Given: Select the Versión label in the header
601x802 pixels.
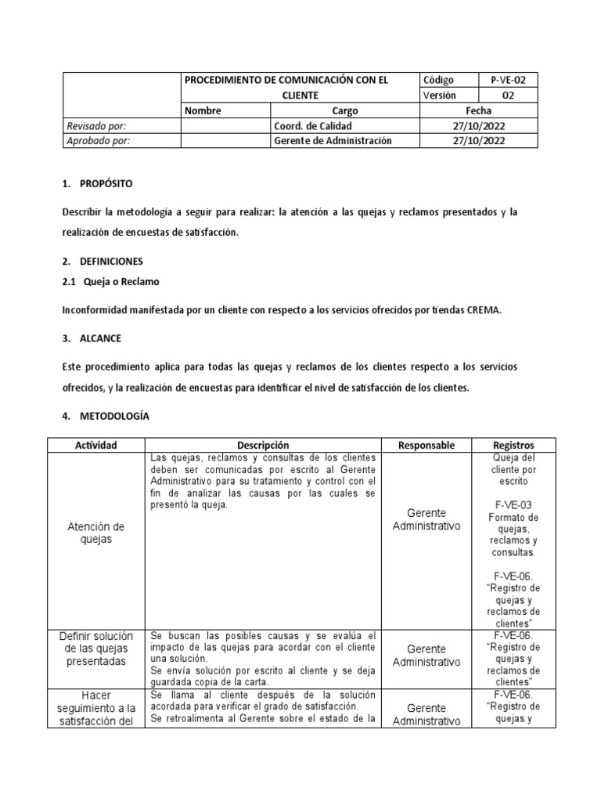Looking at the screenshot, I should tap(440, 96).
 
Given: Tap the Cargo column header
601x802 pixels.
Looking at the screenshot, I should tap(345, 111).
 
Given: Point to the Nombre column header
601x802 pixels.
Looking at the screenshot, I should tap(203, 111).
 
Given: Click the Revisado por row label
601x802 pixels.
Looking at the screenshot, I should tap(96, 126).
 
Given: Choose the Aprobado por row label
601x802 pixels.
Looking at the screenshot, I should tap(98, 141).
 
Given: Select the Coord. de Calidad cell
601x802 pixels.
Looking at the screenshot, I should tap(313, 126).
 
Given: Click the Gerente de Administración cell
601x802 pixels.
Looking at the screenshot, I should tap(332, 141).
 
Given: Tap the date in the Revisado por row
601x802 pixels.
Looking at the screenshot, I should tap(478, 126).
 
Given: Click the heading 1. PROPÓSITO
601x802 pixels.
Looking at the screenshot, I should tap(98, 184).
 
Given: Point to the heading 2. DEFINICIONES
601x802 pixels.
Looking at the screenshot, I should tap(102, 261).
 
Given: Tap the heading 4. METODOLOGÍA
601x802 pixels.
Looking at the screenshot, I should tap(105, 417).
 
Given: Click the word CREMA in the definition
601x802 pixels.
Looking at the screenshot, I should tap(483, 310).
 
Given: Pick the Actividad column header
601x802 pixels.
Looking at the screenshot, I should tap(96, 445).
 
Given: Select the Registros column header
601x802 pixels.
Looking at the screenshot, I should tap(513, 445).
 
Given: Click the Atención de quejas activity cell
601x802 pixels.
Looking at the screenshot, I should tap(96, 533).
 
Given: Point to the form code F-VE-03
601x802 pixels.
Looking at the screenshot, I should tap(513, 505).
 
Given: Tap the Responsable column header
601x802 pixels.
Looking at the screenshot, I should tap(426, 445).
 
